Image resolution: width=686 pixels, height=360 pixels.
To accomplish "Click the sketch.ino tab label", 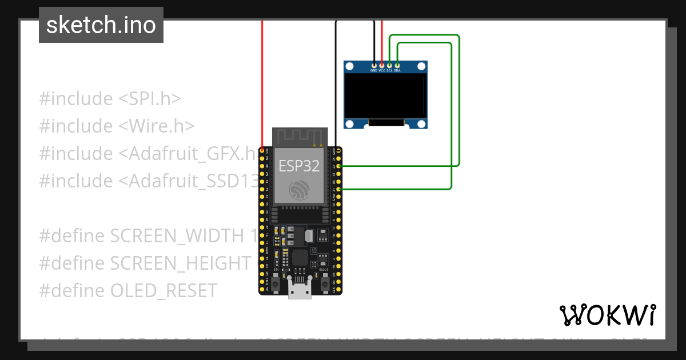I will [x=101, y=25].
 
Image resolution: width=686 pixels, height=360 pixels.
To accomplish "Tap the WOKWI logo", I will [x=607, y=315].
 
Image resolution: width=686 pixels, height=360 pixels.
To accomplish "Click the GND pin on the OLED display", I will [x=374, y=66].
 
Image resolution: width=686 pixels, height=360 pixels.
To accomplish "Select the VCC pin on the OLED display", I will [x=382, y=66].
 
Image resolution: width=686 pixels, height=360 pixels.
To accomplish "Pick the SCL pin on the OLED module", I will [x=389, y=66].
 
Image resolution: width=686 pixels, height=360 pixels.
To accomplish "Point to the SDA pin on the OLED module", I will [x=397, y=66].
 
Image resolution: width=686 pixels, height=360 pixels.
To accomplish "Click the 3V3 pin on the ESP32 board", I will [x=262, y=151].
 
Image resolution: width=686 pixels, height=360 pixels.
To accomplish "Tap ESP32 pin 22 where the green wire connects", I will [x=340, y=166].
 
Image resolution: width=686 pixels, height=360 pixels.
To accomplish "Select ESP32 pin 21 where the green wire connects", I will [x=340, y=189].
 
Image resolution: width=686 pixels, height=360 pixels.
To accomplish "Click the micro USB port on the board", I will [x=300, y=290].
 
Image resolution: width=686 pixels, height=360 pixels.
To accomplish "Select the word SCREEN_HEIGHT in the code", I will [x=181, y=263].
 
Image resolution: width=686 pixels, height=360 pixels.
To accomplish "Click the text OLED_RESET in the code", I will [x=163, y=290].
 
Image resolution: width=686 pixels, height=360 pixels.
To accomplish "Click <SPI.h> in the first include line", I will [x=150, y=98].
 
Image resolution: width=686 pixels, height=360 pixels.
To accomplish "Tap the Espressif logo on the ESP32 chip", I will [x=300, y=190].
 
